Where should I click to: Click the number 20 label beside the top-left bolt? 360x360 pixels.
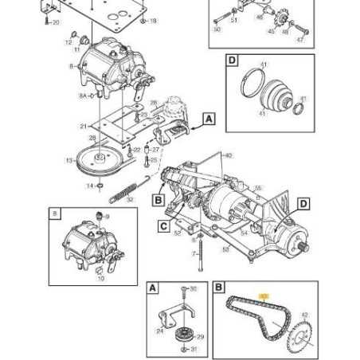[x=55, y=23]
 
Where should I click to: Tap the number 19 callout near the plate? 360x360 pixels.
[x=154, y=20]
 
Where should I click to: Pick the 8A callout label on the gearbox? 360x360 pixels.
[x=83, y=95]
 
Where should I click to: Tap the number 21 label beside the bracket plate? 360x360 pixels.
[x=83, y=127]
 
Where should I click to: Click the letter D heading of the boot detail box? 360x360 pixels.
[x=232, y=61]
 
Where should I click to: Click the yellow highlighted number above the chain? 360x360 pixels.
[x=265, y=295]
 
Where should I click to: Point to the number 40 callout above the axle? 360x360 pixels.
[x=230, y=155]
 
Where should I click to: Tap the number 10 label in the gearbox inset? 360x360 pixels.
[x=100, y=279]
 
